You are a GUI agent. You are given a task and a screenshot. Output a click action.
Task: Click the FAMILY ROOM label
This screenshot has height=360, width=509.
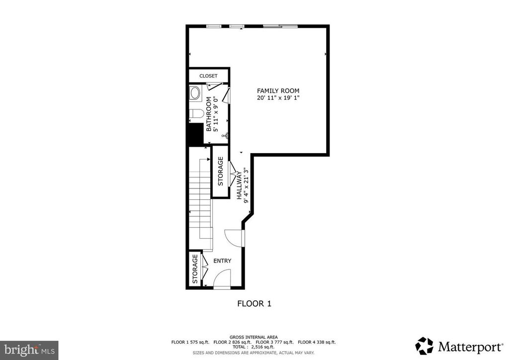point(278,90)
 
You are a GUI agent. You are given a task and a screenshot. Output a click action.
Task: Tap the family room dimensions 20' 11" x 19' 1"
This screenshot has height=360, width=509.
point(278,98)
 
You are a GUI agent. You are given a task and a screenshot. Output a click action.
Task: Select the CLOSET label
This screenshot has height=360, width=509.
point(208,76)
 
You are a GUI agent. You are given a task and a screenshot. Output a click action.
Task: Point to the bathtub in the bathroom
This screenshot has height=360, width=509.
point(195,93)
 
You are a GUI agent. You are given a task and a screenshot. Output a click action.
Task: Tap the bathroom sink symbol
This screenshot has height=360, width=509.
point(225,135)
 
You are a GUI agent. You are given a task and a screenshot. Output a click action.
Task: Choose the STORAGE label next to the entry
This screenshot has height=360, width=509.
point(195,269)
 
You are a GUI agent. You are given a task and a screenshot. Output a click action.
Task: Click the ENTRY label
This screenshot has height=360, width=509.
point(222,261)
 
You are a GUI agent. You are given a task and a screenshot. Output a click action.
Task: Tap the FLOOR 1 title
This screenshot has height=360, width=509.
point(254,303)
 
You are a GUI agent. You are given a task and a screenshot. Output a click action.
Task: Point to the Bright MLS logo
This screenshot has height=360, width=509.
point(29,350)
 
